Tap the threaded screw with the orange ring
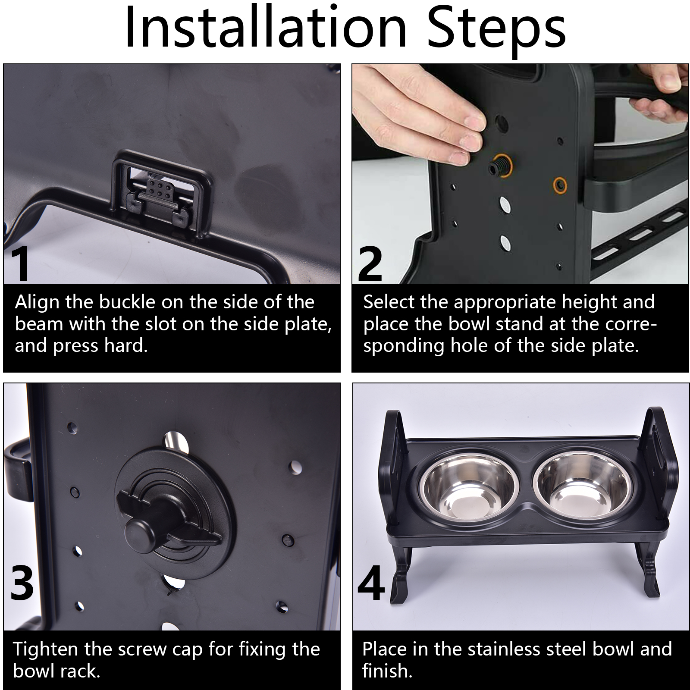pyautogui.click(x=499, y=164)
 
